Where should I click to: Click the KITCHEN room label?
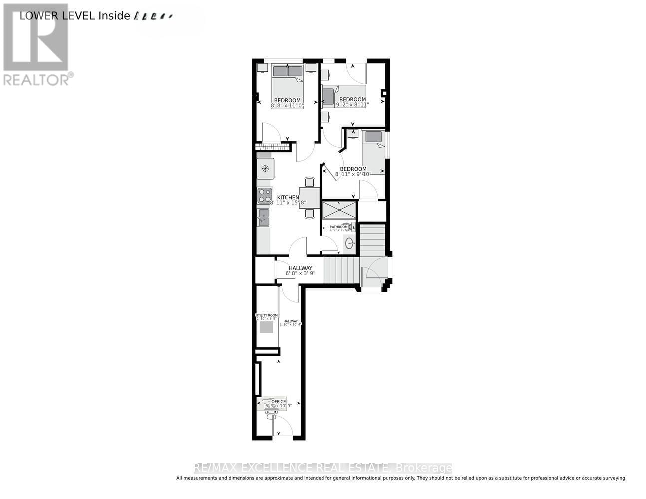[288, 197]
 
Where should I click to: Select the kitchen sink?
[263, 217]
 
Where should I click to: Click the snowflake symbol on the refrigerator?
[265, 168]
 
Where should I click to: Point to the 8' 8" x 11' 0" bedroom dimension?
[287, 106]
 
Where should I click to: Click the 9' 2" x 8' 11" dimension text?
[352, 105]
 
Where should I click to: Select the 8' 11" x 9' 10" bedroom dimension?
[353, 174]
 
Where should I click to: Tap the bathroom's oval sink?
[350, 244]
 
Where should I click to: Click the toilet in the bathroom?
[351, 226]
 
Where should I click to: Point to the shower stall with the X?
[339, 210]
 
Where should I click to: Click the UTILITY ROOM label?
[266, 315]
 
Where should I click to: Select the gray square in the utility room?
[266, 327]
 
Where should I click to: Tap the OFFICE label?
[278, 401]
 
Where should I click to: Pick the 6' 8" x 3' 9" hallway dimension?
[300, 273]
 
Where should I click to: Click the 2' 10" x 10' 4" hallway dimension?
[290, 324]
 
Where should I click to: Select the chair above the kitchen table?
[310, 182]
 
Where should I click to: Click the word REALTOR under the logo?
[36, 79]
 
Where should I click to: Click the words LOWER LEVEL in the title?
[57, 15]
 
